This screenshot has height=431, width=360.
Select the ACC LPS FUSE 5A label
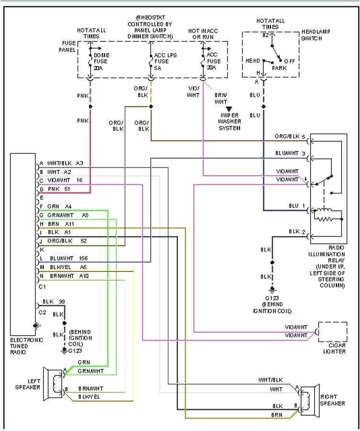pos(165,61)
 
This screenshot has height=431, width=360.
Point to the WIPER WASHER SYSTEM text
pos(229,122)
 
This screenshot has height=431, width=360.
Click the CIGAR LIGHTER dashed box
pos(333,331)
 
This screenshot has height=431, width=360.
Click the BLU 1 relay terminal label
pos(297,206)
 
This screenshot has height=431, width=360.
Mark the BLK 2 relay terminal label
pos(297,232)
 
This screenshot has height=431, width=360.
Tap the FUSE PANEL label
pos(67,46)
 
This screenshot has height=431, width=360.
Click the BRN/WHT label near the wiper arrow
pos(221,98)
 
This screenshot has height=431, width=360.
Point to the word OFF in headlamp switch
pos(289,61)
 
